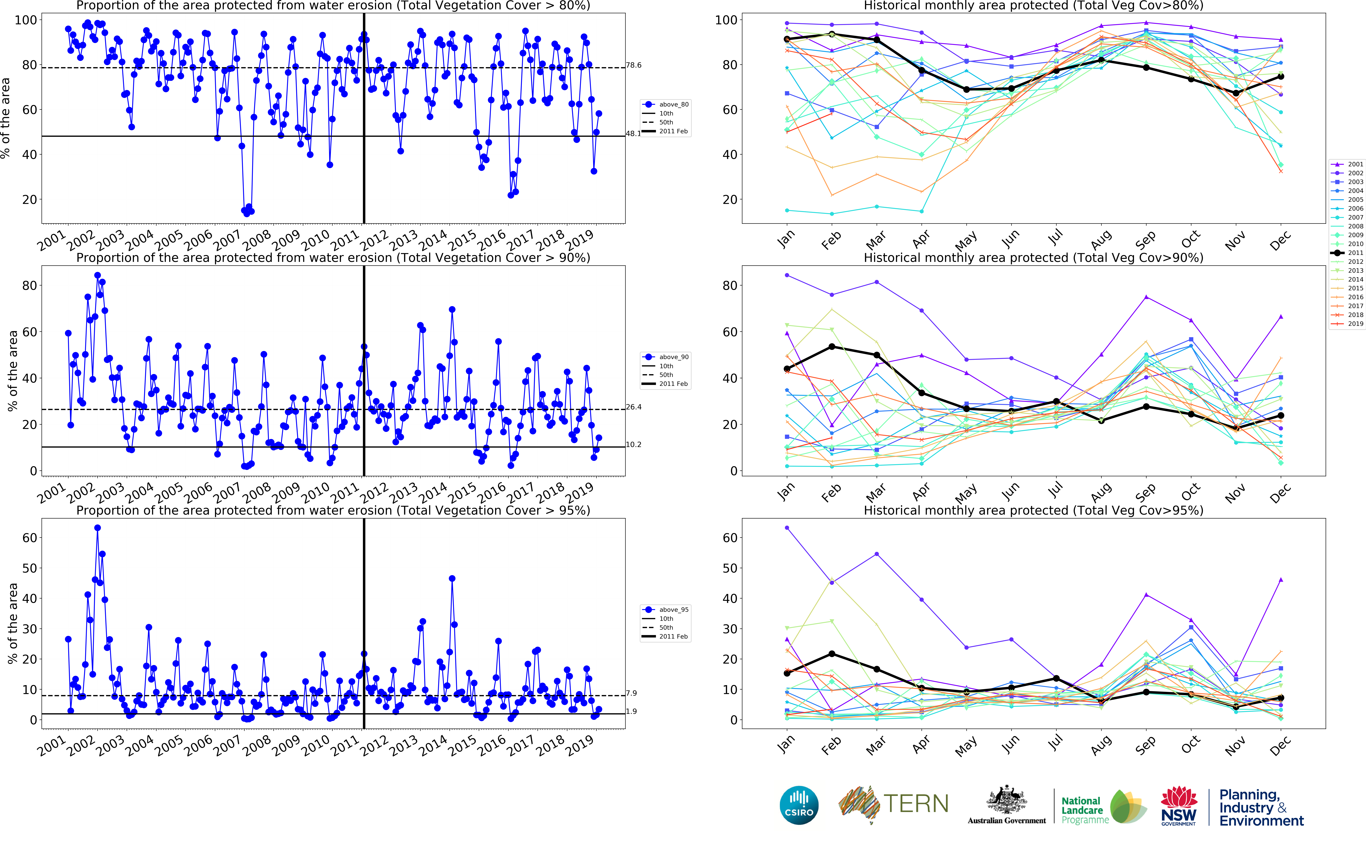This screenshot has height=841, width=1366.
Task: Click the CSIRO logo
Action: tap(799, 805)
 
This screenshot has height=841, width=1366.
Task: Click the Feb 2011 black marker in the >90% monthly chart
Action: tap(832, 347)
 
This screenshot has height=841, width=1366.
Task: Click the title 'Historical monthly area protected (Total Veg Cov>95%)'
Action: tap(1033, 510)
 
